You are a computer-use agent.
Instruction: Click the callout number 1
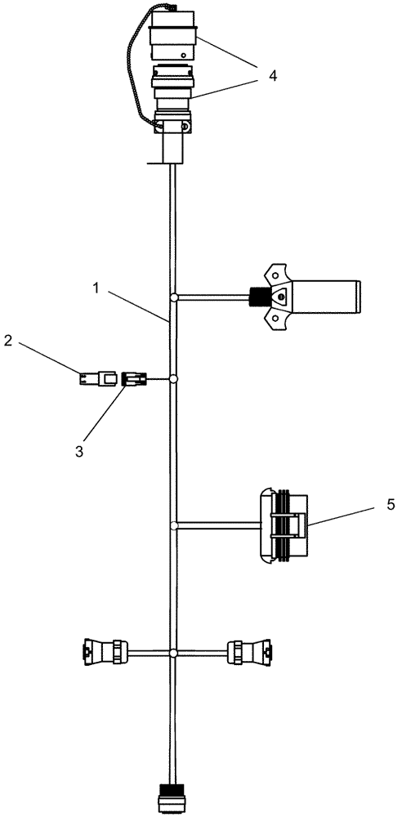click(96, 288)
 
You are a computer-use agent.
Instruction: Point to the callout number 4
click(272, 75)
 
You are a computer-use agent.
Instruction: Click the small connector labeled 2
click(93, 378)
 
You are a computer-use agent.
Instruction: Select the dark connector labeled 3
click(133, 378)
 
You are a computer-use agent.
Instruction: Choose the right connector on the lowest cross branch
click(248, 652)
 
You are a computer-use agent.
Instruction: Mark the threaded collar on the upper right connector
click(257, 298)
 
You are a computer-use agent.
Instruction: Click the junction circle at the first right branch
click(174, 298)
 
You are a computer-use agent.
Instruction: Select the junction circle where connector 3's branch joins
click(174, 379)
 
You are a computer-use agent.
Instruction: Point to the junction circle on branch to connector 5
click(174, 525)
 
